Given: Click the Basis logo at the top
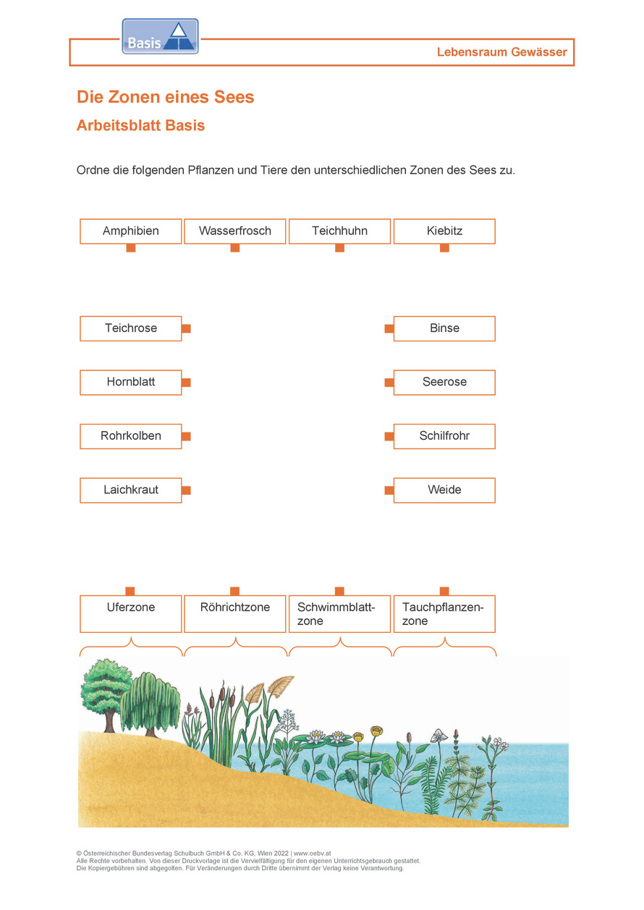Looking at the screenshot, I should pyautogui.click(x=160, y=37).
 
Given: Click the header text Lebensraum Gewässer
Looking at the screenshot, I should pyautogui.click(x=501, y=52).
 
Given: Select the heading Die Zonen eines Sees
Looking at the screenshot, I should pyautogui.click(x=165, y=97).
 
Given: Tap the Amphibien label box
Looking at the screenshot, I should pyautogui.click(x=130, y=231).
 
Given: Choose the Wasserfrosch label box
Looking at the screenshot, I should pyautogui.click(x=235, y=231).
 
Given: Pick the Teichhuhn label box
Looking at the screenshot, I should pyautogui.click(x=339, y=231).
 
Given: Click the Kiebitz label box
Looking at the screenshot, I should pyautogui.click(x=444, y=231).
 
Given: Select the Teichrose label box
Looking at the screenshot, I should pyautogui.click(x=130, y=328).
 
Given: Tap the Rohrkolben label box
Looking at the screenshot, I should pyautogui.click(x=130, y=436).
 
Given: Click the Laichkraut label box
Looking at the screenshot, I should pyautogui.click(x=130, y=490).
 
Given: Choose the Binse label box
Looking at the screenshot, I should pyautogui.click(x=444, y=328).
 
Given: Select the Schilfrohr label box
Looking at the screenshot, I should pyautogui.click(x=444, y=436).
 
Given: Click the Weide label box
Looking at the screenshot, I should pyautogui.click(x=444, y=490).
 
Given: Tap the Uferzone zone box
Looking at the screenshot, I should pyautogui.click(x=130, y=613).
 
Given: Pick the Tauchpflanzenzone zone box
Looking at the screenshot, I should pyautogui.click(x=444, y=613).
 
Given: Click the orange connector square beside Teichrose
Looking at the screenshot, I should pyautogui.click(x=186, y=328).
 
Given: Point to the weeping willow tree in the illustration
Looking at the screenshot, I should pyautogui.click(x=150, y=702).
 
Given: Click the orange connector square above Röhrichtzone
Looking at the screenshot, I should pyautogui.click(x=235, y=591).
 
